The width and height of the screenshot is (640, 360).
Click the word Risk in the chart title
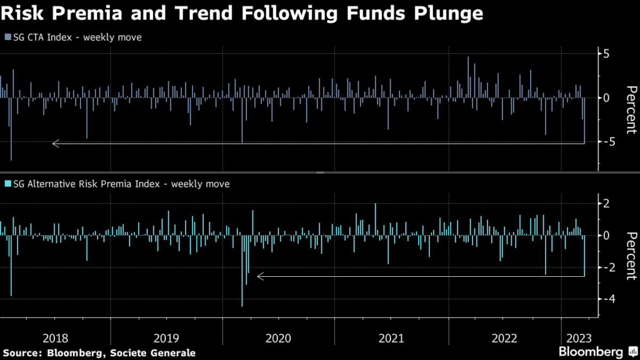click(22, 13)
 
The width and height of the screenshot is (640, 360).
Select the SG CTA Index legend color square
click(7, 37)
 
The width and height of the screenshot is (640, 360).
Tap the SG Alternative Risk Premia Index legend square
click(7, 184)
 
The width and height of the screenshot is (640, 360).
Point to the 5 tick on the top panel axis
click(606, 54)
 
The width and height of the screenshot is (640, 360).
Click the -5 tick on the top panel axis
click(603, 142)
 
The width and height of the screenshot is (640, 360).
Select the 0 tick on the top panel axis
click(606, 98)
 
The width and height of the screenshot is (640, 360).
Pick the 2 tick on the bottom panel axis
click(606, 203)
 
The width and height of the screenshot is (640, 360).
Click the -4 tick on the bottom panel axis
click(603, 299)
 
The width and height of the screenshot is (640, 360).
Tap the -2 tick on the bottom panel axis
click(603, 267)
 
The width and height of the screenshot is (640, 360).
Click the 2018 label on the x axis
click(56, 338)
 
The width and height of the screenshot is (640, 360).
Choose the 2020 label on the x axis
click(278, 338)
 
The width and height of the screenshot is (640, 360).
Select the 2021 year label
click(391, 338)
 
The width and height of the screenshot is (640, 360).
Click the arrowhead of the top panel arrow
click(55, 144)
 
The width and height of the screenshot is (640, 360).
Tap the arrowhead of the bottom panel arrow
click(260, 276)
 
